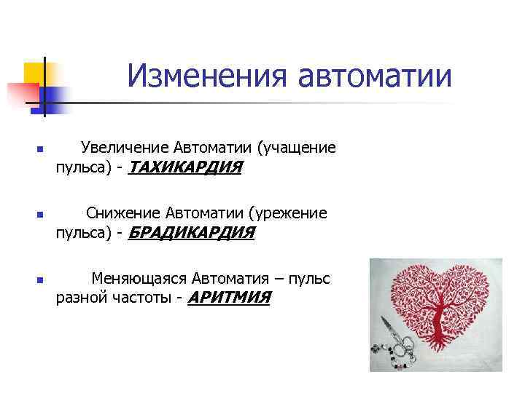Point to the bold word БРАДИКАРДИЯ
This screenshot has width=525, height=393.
(x=191, y=234)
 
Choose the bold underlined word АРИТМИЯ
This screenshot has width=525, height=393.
(x=229, y=298)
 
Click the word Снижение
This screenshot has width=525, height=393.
(x=122, y=213)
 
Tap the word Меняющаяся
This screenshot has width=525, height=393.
(x=139, y=278)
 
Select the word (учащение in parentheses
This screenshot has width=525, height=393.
(x=296, y=148)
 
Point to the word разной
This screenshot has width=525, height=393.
(x=79, y=298)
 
